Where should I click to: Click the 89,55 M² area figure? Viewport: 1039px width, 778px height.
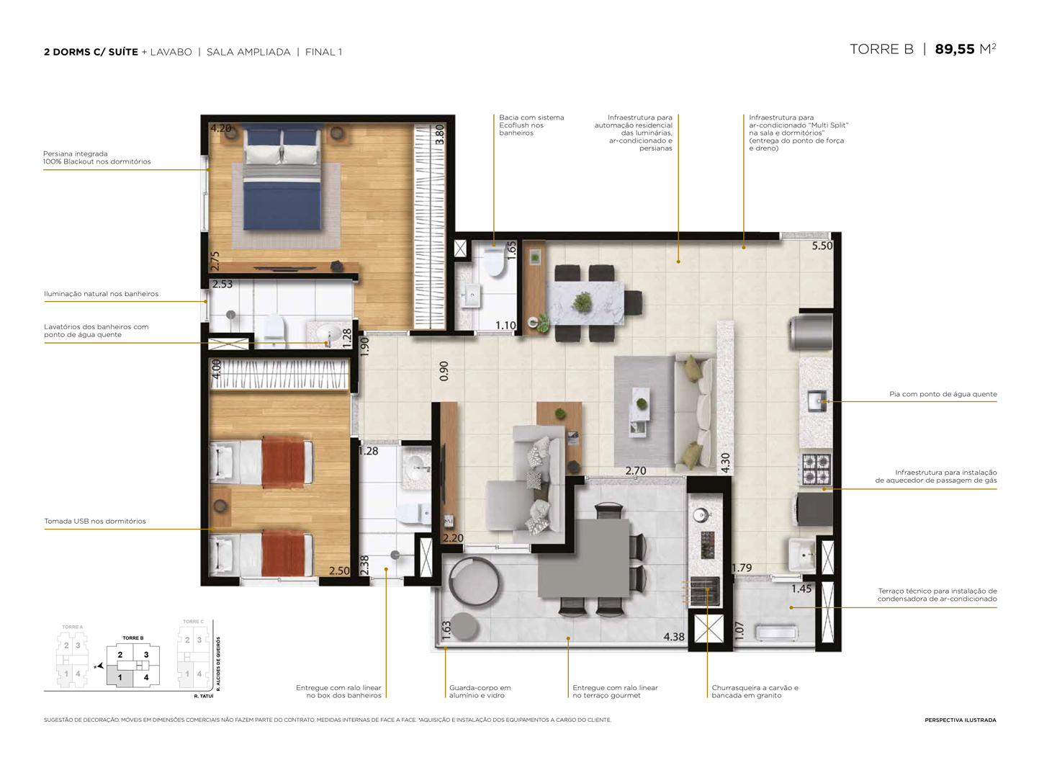coord(965,49)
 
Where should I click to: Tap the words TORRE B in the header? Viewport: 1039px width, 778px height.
coord(881,49)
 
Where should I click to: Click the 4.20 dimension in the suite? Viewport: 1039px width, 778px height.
coord(220,128)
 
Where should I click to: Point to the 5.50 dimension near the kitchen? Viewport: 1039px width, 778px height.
coord(822,246)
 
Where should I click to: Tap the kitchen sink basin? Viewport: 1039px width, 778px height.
coord(817,401)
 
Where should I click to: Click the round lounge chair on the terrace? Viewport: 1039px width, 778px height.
coord(473,582)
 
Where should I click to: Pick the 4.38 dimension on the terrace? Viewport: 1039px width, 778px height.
coord(674,637)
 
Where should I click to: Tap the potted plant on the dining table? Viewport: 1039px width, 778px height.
coord(582,301)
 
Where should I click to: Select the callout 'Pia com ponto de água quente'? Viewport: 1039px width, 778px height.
coord(943,394)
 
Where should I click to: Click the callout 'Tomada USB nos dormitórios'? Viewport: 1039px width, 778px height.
coord(95,521)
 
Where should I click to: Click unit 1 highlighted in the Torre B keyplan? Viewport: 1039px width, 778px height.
coord(120,677)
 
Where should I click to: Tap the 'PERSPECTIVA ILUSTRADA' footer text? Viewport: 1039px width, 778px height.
coord(960,720)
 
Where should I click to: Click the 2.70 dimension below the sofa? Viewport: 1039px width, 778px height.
coord(635,470)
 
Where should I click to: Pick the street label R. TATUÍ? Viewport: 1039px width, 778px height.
coord(204,697)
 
